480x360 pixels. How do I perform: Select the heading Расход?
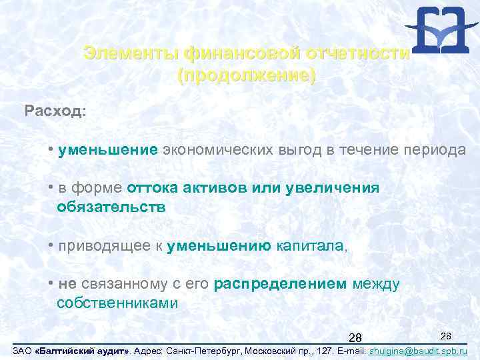pos(55,110)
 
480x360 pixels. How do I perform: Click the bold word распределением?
pos(281,284)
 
